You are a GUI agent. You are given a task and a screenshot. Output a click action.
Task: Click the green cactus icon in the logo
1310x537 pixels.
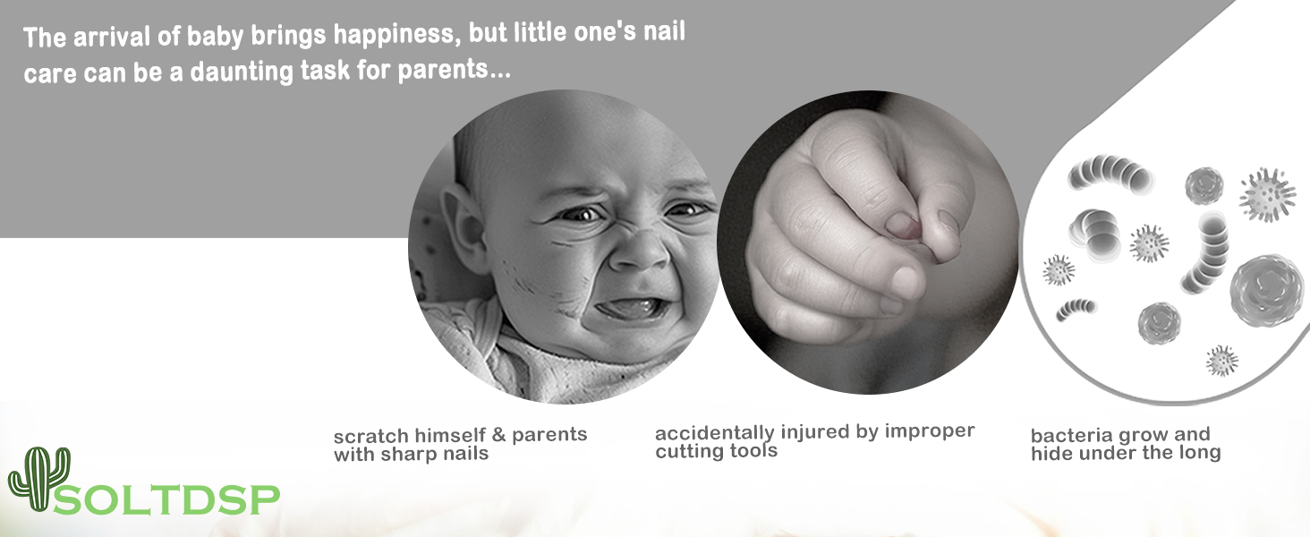click(x=38, y=479)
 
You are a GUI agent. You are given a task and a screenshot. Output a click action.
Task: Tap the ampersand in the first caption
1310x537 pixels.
click(x=498, y=435)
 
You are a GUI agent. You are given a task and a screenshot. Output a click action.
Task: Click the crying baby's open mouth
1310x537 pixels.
click(x=632, y=308)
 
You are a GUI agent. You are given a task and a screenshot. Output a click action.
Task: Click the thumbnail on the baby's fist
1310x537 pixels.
click(x=902, y=226)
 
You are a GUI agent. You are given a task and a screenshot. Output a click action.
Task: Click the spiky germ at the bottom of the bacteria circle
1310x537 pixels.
click(x=1221, y=361)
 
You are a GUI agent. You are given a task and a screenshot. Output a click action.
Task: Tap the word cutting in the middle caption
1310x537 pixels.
click(x=688, y=451)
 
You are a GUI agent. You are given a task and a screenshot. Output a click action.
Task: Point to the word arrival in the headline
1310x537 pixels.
click(x=111, y=38)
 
